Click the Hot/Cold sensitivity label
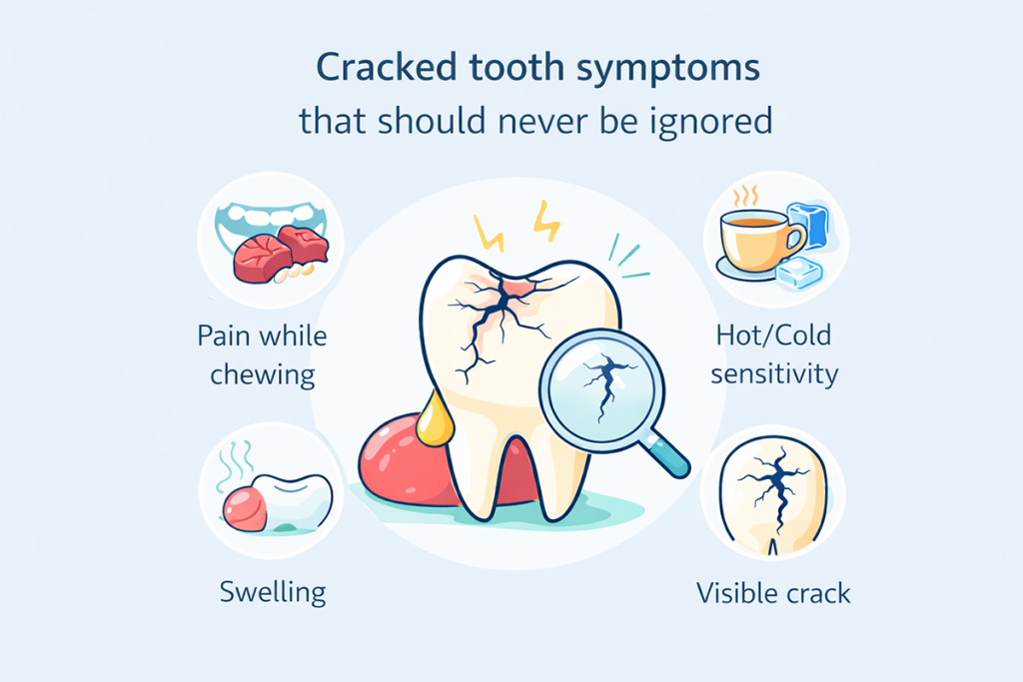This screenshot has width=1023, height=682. [773, 354]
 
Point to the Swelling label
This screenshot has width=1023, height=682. [272, 592]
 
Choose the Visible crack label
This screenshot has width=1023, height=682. [773, 593]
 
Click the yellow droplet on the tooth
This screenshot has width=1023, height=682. [433, 419]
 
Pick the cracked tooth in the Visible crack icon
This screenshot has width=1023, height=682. [773, 494]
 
